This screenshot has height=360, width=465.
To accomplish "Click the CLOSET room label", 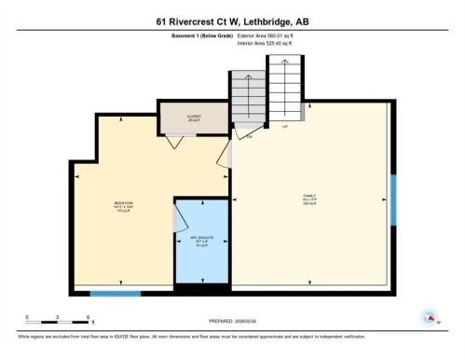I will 193,118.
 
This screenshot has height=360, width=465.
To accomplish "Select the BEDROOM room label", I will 122,207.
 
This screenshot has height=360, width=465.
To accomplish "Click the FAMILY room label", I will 309,200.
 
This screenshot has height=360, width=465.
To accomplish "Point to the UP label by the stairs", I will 284,128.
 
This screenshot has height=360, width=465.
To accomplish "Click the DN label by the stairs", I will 250,137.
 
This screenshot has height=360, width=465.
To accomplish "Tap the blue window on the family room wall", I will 392,200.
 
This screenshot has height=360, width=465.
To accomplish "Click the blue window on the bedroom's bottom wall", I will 109,295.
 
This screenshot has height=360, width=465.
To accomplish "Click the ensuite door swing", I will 178,218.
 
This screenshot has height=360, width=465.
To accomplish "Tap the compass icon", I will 430,316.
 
